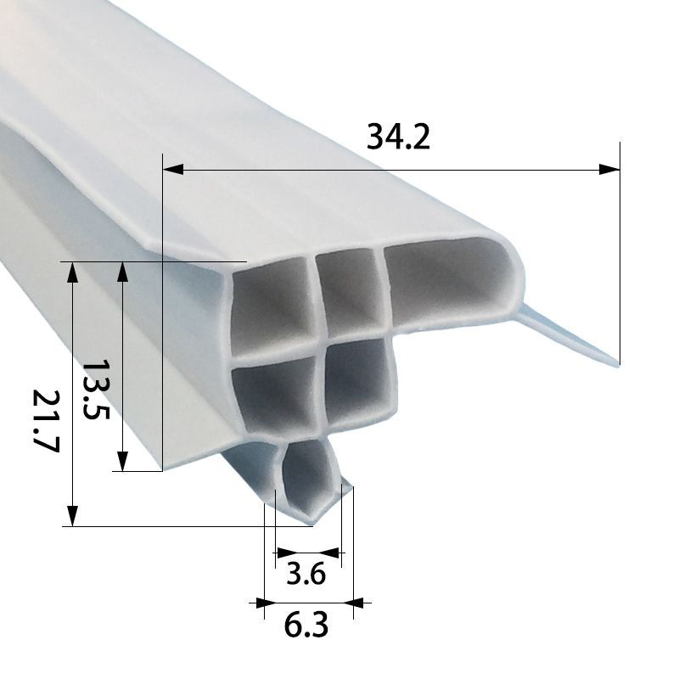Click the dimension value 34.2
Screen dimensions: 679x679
(x=398, y=136)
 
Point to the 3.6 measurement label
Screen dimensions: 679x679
(x=306, y=575)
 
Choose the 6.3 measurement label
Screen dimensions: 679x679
(x=306, y=626)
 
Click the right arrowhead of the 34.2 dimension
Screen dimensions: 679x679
(x=609, y=170)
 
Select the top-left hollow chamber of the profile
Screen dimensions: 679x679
(x=272, y=301)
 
